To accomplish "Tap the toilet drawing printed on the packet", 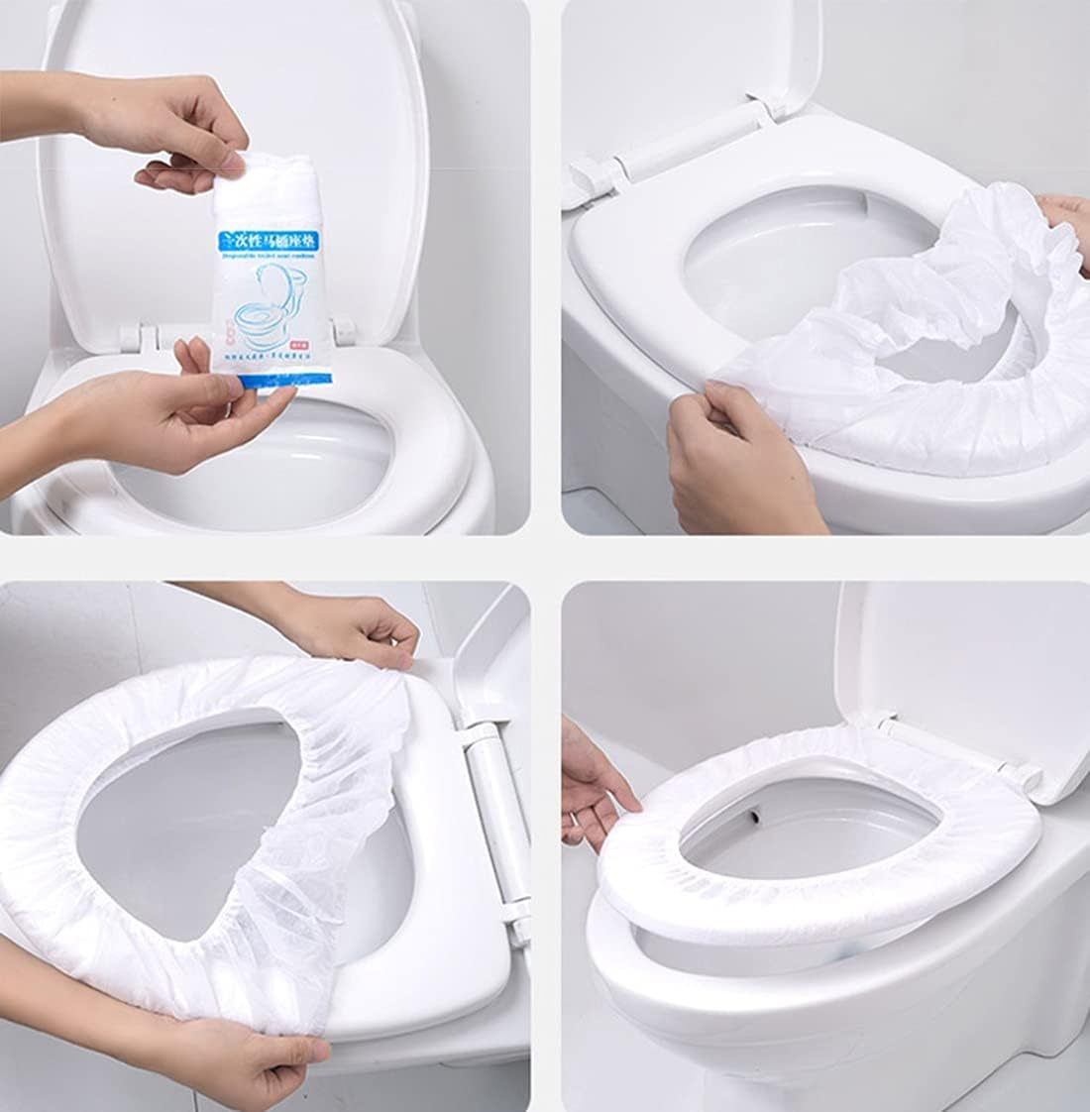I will click(259, 309).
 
